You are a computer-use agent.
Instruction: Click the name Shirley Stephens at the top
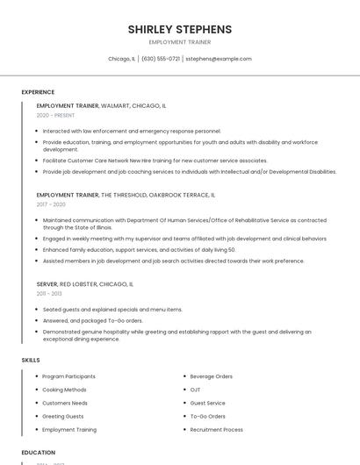[x=179, y=29]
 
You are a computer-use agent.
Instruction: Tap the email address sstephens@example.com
[x=219, y=59]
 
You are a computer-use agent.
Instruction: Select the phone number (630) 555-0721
[x=161, y=59]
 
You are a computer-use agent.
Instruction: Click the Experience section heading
[x=38, y=92]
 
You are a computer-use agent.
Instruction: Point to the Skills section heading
[x=31, y=360]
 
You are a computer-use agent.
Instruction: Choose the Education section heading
[x=39, y=453]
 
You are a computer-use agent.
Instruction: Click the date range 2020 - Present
[x=55, y=115]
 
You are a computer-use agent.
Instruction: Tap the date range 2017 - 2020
[x=51, y=204]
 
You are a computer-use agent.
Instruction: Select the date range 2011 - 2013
[x=49, y=294]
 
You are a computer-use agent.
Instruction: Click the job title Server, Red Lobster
[x=84, y=284]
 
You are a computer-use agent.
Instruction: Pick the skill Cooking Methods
[x=64, y=390]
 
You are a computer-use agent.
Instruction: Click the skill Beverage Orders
[x=211, y=376]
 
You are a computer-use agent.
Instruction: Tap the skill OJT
[x=195, y=390]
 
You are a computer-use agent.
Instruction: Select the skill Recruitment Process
[x=216, y=430]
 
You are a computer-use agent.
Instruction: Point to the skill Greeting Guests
[x=63, y=417]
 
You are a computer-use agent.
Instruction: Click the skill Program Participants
[x=68, y=376]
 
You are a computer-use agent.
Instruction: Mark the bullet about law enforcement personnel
[x=132, y=131]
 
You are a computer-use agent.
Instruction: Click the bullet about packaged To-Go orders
[x=92, y=320]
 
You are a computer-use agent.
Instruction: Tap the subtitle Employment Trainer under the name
[x=179, y=42]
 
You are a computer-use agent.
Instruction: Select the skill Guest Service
[x=207, y=403]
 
